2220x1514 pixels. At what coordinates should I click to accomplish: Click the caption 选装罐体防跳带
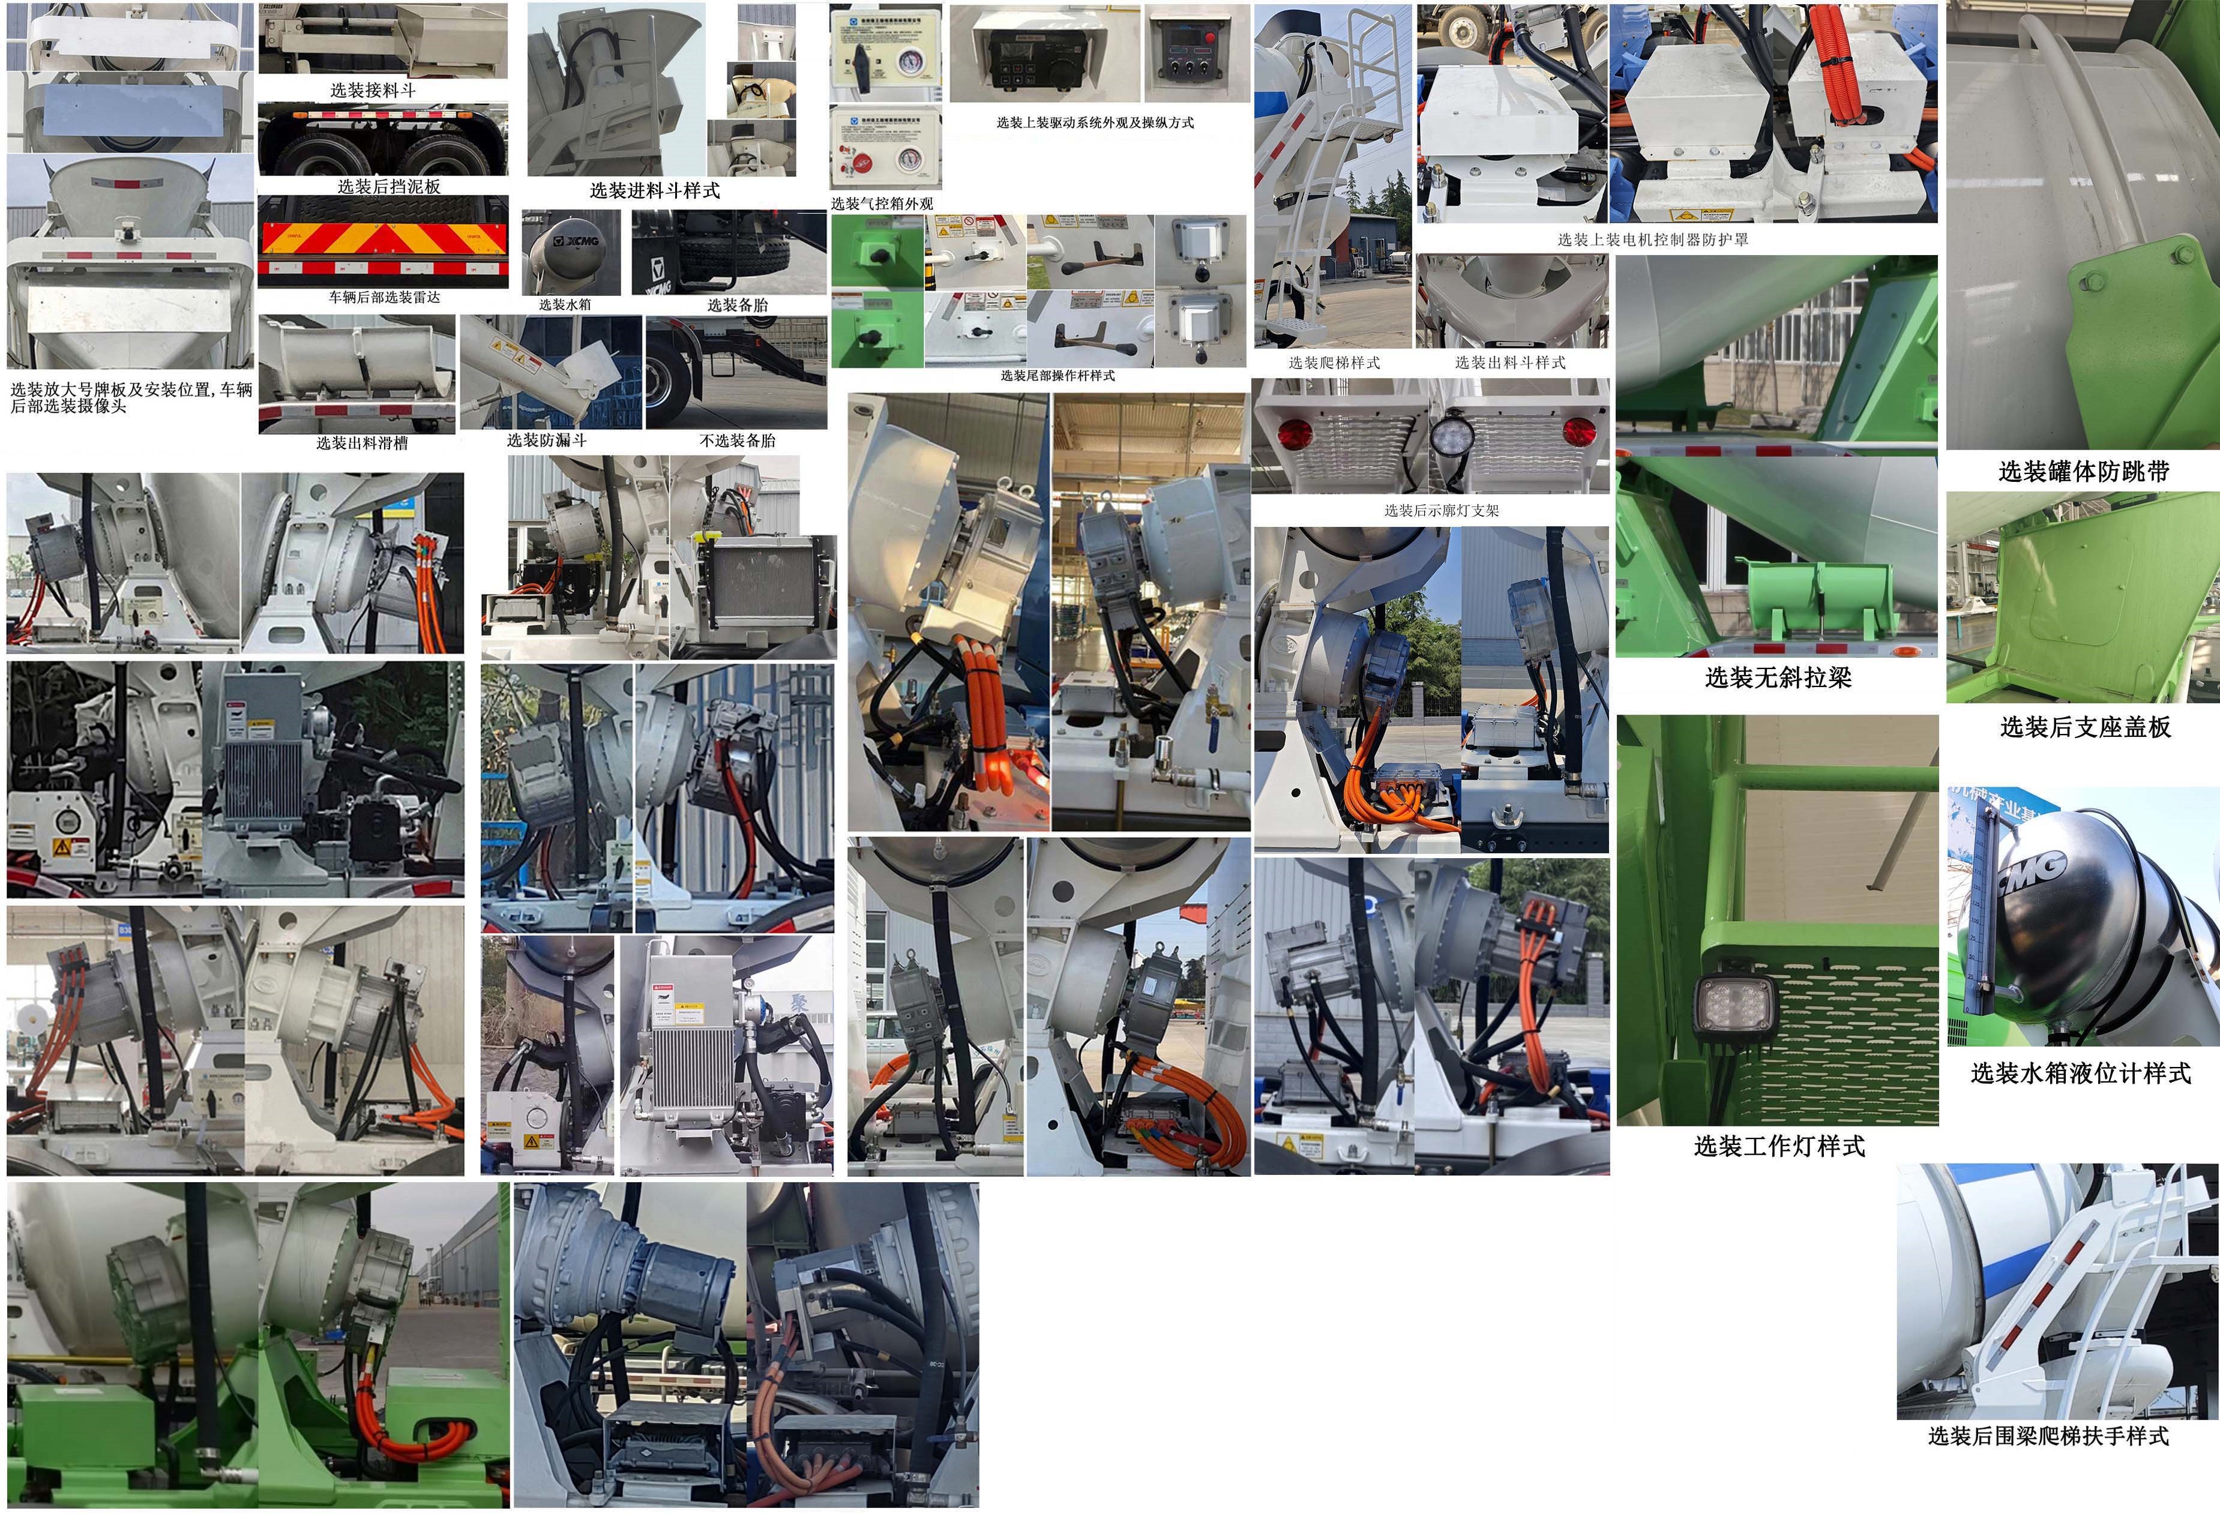(x=2083, y=471)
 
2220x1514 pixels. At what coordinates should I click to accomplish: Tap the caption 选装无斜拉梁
(x=1778, y=678)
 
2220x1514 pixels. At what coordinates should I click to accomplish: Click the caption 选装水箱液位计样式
(x=2080, y=1074)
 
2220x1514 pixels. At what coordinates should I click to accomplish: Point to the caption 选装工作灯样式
(x=1779, y=1146)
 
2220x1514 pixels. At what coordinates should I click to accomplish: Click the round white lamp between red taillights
(x=1452, y=437)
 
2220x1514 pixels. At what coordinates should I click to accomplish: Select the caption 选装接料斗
(x=373, y=90)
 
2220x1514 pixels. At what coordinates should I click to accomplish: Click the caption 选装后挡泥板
(x=389, y=186)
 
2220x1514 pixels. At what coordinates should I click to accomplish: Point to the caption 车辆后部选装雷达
(x=384, y=297)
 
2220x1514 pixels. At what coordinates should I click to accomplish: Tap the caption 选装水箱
(x=565, y=305)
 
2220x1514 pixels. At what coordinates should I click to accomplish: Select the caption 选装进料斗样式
(x=654, y=191)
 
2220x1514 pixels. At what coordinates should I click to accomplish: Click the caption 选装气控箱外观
(x=881, y=203)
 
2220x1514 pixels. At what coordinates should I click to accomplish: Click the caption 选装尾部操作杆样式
(x=1057, y=376)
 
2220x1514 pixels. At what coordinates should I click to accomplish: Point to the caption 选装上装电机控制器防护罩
(x=1653, y=240)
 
